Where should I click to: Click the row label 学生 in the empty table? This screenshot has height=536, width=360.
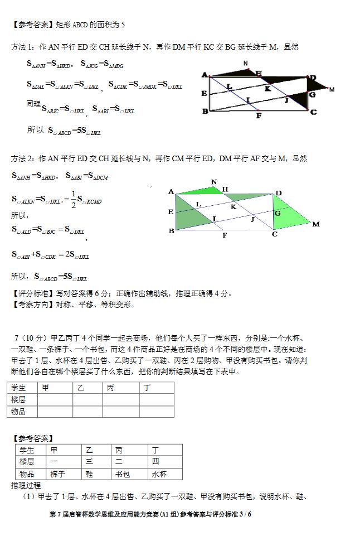coord(18,388)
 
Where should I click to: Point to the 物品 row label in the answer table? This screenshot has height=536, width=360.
coord(27,474)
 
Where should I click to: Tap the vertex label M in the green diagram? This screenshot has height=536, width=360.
coord(315,224)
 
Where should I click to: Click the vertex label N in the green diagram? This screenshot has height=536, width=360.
coord(214,182)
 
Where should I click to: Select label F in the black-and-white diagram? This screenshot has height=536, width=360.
coord(259,116)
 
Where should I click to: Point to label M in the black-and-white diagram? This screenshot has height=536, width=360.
coord(332,89)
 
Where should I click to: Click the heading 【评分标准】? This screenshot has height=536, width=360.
coord(33,293)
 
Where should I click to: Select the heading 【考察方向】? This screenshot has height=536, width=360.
coord(33,305)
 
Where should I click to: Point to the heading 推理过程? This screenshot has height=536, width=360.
coord(26,485)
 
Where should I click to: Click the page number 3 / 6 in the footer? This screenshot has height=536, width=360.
coord(246,514)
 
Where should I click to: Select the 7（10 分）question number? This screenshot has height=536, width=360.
coord(32,337)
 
